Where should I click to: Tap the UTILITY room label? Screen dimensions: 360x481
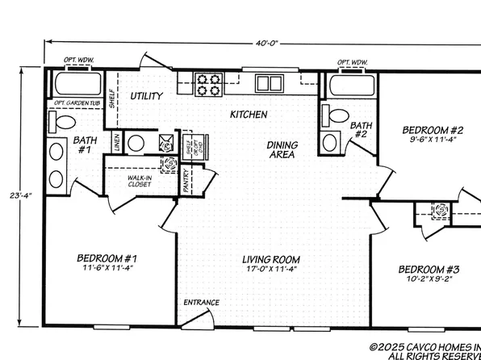[147, 96]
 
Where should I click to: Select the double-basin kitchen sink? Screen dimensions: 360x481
[270, 82]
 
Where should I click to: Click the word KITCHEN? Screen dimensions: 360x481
[249, 115]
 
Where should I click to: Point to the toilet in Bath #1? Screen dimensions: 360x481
[62, 123]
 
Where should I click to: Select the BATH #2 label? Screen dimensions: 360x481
[361, 130]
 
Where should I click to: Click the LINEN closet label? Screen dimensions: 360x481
[117, 142]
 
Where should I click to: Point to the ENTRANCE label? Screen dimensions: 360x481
[202, 303]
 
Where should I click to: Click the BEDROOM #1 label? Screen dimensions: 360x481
[107, 258]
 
